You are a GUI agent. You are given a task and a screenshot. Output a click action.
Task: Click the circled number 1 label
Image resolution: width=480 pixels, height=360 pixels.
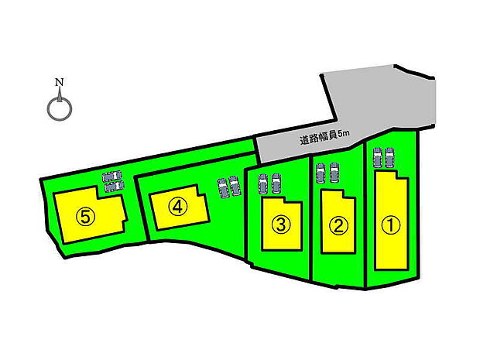click(391, 225)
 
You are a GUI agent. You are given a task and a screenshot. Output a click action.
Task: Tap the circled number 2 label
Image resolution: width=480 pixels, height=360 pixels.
click(338, 227)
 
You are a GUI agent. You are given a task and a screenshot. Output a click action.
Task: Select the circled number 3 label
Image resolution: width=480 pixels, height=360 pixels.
click(281, 225)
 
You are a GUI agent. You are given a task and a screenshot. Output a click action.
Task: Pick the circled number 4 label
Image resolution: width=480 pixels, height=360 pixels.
click(177, 207)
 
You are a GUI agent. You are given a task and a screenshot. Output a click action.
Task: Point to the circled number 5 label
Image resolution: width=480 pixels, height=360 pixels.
click(86, 217)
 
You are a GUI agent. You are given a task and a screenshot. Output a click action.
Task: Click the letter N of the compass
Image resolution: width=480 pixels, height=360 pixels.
click(60, 82)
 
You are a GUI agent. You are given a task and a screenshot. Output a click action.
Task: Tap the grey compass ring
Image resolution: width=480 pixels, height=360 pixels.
click(60, 109)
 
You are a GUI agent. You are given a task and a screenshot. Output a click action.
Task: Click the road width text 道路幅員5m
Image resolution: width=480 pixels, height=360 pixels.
click(324, 138)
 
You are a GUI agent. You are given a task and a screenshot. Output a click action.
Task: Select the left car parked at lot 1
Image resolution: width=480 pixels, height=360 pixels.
click(378, 157)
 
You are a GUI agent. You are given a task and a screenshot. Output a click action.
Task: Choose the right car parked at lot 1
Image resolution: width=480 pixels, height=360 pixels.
click(389, 157)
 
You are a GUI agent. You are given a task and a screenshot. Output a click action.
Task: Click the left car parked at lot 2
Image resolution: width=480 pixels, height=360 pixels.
click(321, 173)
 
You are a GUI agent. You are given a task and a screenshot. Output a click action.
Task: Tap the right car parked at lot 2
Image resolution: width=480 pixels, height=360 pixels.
click(334, 173)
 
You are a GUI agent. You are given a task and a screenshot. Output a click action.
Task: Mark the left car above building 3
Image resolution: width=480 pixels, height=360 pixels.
click(263, 183)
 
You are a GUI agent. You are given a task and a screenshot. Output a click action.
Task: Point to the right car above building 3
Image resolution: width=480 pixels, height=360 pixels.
click(276, 183)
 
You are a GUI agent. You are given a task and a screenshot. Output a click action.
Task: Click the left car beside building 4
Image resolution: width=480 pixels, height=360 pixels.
click(223, 188)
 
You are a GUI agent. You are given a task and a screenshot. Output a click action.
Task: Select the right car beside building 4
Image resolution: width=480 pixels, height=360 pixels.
click(235, 186)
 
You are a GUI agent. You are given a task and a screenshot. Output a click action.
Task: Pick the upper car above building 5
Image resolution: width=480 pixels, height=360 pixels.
click(112, 176)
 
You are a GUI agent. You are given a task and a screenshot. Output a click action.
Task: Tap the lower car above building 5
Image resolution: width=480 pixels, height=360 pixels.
click(114, 186)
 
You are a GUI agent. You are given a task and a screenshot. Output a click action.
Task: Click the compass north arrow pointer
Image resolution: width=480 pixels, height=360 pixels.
click(60, 94)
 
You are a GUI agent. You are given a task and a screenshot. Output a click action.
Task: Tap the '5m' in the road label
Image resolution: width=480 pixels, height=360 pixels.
click(344, 134)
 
